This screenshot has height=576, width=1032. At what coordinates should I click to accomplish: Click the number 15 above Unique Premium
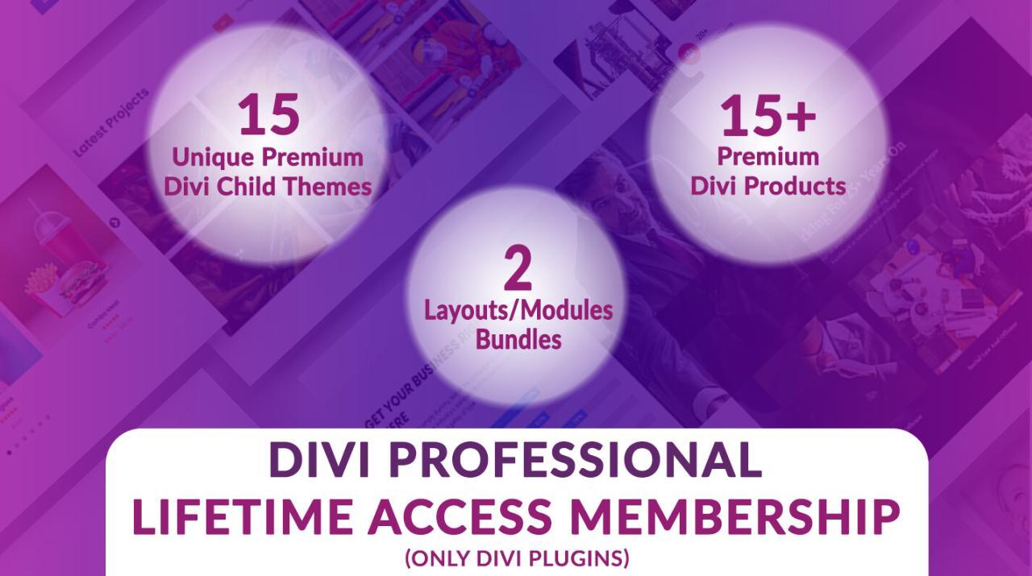tap(268, 114)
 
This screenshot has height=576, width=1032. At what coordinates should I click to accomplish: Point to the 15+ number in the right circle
tap(768, 115)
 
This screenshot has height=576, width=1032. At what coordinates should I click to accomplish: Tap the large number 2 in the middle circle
tap(518, 270)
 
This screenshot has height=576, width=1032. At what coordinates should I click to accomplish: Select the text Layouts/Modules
tap(518, 310)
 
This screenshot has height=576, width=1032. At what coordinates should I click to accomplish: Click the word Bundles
tap(518, 339)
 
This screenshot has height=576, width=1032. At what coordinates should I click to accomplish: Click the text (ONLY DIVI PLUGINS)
tap(517, 558)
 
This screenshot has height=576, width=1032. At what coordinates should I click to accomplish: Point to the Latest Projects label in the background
tap(111, 122)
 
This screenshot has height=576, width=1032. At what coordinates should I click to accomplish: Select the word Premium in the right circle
tap(768, 155)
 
